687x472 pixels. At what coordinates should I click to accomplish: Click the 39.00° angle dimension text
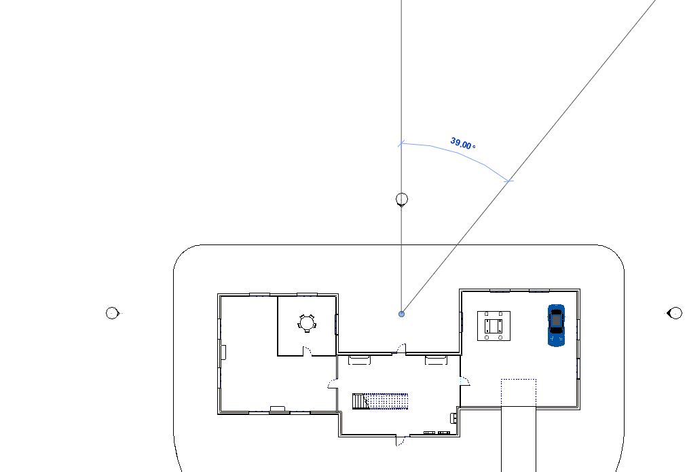coord(462,144)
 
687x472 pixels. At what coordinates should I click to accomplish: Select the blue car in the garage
coord(556,325)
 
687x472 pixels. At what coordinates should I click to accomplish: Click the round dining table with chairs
coord(307,323)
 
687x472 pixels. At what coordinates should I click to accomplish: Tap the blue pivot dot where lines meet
coord(402,314)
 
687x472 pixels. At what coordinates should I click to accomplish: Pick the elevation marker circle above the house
coord(401,199)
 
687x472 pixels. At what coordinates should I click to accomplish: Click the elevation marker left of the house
coord(113,313)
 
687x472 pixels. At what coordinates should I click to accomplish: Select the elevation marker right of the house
coord(675,313)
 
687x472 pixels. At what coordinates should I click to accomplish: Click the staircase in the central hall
coord(380,401)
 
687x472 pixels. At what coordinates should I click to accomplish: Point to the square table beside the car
coord(494,325)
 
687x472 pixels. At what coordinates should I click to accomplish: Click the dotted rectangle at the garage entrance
coord(519,393)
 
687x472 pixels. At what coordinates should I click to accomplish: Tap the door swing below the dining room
coord(306,350)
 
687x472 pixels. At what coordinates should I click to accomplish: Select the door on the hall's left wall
coord(333,384)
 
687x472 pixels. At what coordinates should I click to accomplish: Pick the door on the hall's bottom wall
coord(401,441)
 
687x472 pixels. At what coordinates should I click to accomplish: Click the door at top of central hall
coord(401,349)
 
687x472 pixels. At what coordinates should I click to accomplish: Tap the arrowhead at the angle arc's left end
coord(401,144)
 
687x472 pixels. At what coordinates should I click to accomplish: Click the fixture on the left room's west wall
coord(223,352)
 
